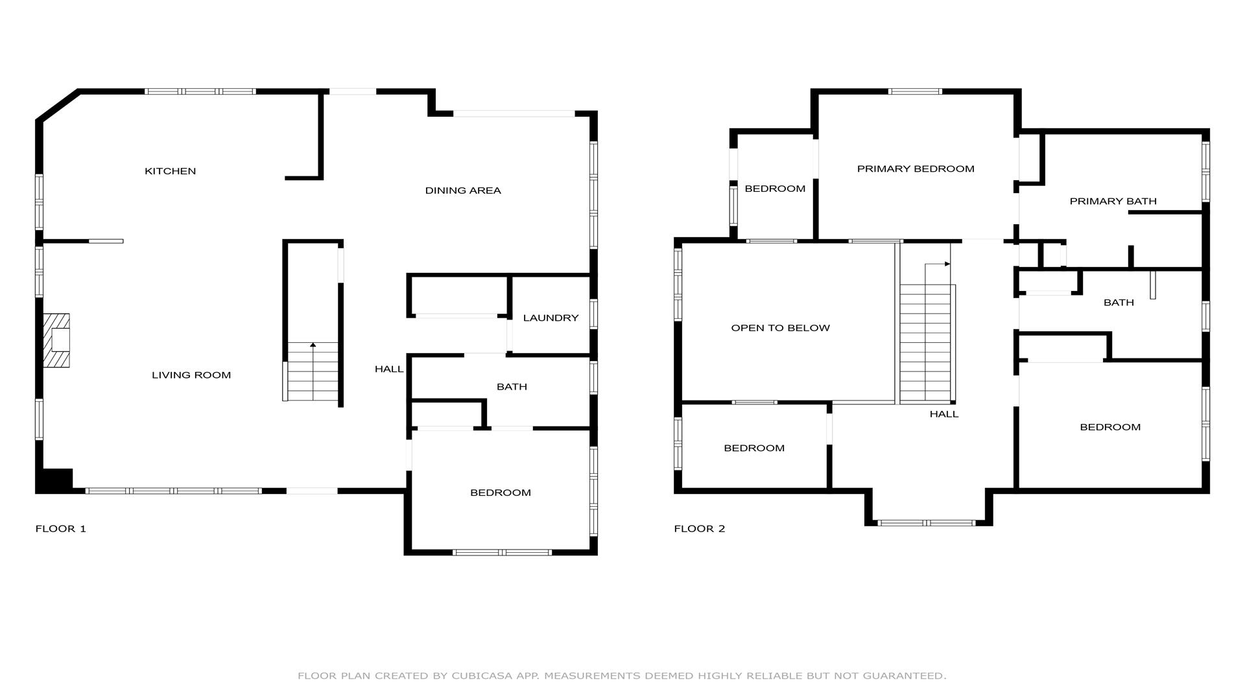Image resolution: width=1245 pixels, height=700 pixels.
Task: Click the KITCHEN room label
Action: point(170,171)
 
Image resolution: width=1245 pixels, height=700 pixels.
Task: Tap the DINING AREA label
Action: point(463,191)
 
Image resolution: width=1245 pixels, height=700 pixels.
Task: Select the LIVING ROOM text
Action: point(191,375)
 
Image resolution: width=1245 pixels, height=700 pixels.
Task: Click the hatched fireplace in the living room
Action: point(56,341)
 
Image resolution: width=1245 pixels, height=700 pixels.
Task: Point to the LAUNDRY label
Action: point(551,318)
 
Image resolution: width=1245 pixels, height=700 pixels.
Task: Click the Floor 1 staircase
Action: point(313,371)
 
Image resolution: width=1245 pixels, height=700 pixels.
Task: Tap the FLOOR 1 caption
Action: point(60,528)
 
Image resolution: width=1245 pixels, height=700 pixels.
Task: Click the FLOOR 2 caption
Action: point(700,528)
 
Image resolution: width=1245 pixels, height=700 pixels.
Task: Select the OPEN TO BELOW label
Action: point(780,328)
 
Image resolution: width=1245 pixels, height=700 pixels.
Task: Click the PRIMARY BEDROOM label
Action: point(916,169)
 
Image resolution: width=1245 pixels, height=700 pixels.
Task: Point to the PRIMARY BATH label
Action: point(1113,201)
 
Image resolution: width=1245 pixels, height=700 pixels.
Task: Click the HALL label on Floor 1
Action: point(389,369)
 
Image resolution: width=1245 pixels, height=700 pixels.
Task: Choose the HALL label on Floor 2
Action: point(944,414)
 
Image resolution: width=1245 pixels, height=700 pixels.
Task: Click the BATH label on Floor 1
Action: point(512,387)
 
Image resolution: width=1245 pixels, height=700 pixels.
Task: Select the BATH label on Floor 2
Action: point(1119,303)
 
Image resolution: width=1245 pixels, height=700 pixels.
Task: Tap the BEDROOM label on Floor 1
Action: point(501,493)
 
